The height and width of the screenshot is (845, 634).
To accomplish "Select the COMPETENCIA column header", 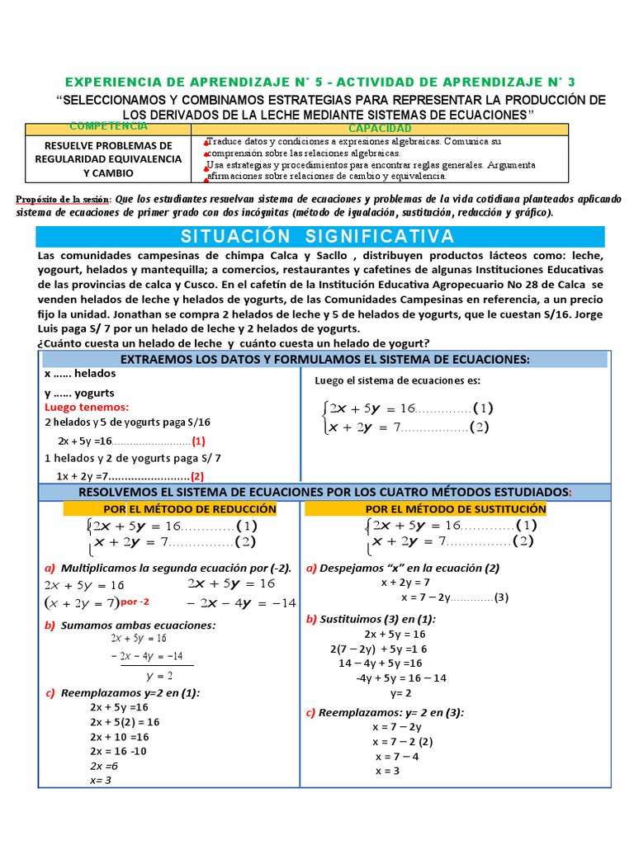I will [x=109, y=126].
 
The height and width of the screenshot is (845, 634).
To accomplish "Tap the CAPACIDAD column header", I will [x=380, y=129].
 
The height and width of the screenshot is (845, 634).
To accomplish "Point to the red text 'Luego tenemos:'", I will [x=87, y=408].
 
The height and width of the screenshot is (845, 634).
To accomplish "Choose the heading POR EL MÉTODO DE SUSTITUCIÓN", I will [x=456, y=509].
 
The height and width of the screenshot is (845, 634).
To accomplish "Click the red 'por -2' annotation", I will [x=135, y=602].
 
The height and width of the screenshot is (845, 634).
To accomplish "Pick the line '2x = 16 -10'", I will [x=119, y=751].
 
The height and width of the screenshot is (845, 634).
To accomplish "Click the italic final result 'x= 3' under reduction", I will [x=101, y=780].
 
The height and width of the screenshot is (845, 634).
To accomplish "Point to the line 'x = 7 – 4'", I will [x=397, y=756].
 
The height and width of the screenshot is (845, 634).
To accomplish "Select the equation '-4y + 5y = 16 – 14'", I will [x=401, y=677].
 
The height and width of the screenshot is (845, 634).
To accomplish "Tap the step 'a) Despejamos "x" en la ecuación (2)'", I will [x=402, y=568].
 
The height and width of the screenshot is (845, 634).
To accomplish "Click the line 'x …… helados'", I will [x=80, y=373].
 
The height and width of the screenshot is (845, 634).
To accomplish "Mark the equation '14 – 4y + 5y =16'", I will [x=381, y=663].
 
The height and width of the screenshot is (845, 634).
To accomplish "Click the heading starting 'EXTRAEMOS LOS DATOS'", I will [x=324, y=359].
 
